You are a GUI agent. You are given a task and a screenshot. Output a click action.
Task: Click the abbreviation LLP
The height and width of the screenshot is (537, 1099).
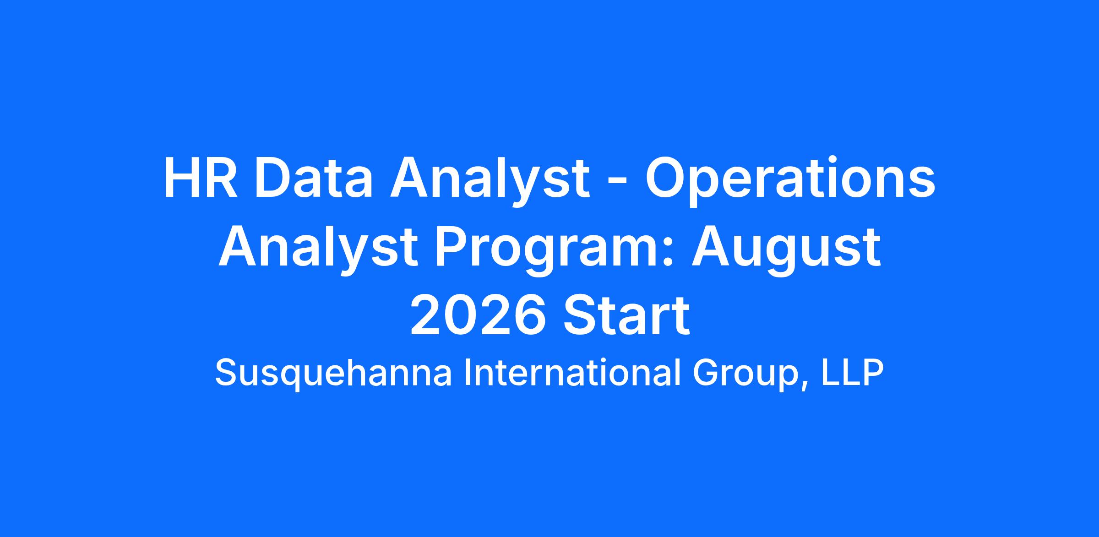click(x=852, y=373)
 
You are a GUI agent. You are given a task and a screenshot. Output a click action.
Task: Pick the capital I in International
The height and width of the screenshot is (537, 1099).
click(x=467, y=373)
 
